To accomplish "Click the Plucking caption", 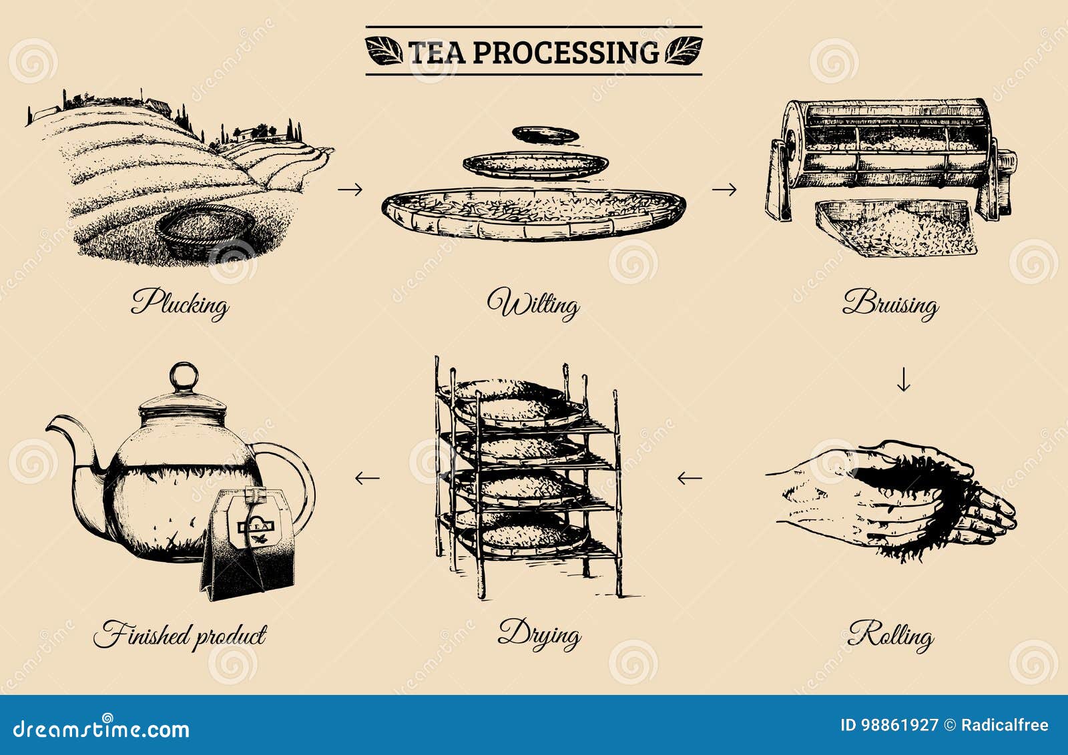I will coord(180,304).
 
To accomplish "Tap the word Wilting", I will coord(533,304).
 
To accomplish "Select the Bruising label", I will coord(890,304).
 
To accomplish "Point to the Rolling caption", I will coord(890,635).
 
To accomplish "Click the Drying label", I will coord(539,634).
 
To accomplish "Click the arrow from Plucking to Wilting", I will coord(350,190).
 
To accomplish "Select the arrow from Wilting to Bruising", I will coord(724,190).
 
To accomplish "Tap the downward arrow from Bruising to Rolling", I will coord(903,379).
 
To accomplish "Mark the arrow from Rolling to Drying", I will coord(690,478).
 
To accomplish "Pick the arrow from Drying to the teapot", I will coord(367,478).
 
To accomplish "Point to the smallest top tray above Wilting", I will coord(545,134).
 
